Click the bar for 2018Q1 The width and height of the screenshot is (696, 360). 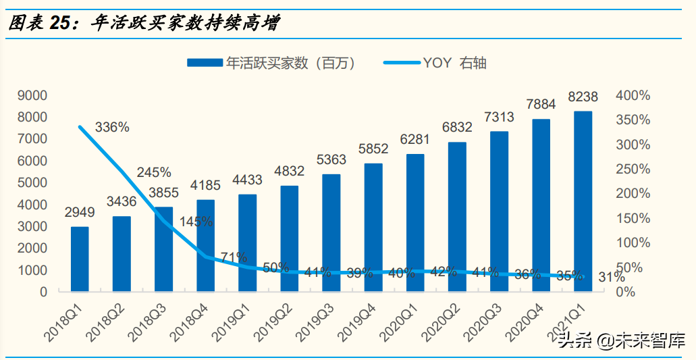80,259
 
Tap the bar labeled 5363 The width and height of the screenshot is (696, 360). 331,232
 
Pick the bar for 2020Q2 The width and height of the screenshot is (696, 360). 457,216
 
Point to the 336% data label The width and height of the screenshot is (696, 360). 112,127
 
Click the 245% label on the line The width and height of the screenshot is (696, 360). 154,172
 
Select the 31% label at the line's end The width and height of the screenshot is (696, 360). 611,277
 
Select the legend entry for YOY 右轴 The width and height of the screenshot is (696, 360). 435,63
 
